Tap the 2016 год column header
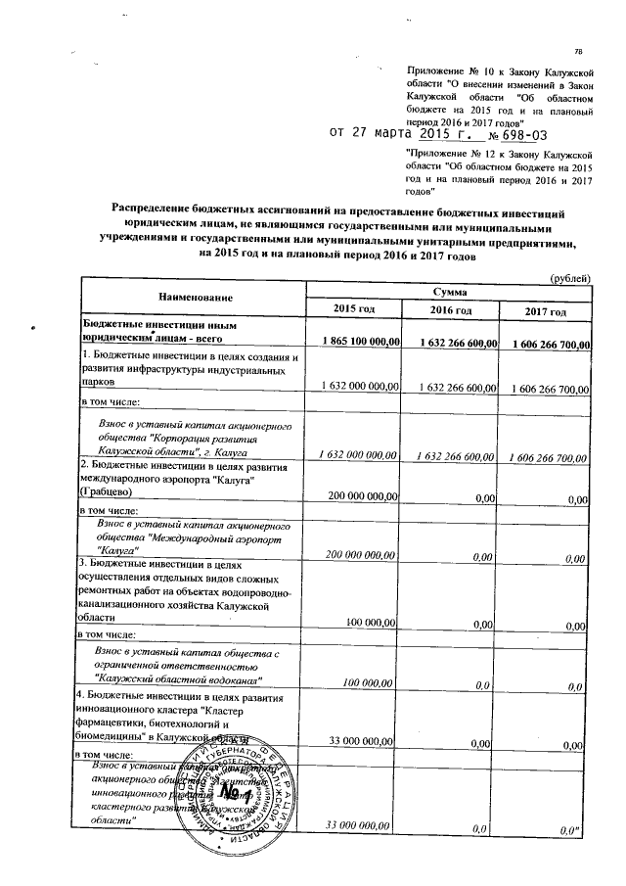450,311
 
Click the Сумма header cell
450,292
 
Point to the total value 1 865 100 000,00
353,342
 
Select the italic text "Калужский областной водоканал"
180,678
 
